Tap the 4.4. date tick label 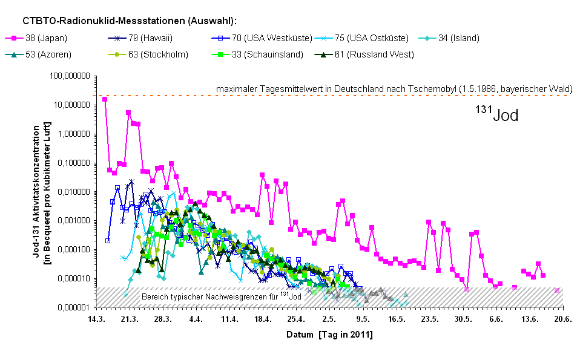point(196,319)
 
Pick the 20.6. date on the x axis point(563,319)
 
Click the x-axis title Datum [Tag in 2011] point(329,334)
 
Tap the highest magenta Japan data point point(105,99)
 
